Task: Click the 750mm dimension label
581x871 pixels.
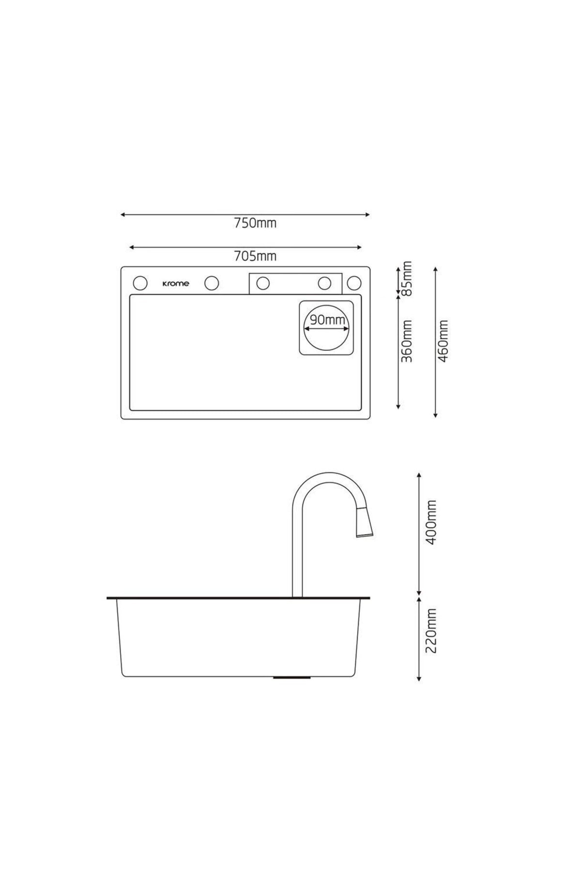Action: coord(255,223)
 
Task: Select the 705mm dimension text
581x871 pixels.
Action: coord(255,256)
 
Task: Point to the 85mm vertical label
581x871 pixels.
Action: coord(407,279)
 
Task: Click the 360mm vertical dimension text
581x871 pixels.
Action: coord(407,341)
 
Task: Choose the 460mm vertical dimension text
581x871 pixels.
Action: coord(443,341)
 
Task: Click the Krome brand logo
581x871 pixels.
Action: coord(176,284)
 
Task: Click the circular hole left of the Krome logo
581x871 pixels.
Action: coord(140,283)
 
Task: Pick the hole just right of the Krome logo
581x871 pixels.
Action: coord(212,283)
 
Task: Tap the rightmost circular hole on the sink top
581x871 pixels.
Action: coord(354,283)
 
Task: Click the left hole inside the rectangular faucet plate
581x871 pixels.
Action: coord(263,283)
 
